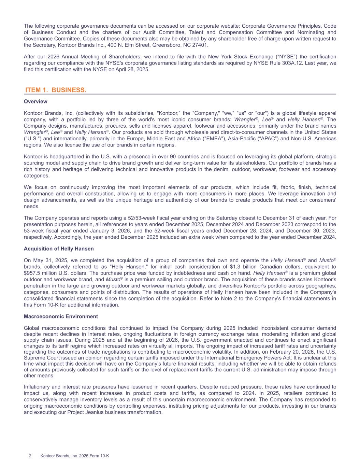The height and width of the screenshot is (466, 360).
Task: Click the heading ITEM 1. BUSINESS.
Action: pos(56,90)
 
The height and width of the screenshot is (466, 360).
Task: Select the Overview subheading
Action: pos(35,102)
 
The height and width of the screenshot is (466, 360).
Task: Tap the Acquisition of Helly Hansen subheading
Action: pos(59,249)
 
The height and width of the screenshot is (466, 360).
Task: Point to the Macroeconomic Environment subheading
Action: pos(61,316)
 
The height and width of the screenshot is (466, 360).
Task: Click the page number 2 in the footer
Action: pos(30,456)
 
